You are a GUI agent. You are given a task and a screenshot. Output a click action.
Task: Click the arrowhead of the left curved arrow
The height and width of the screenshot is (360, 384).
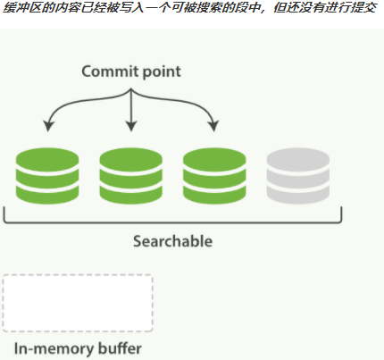coord(48,128)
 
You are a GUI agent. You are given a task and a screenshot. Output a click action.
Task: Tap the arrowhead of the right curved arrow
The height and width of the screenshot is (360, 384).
coord(214,128)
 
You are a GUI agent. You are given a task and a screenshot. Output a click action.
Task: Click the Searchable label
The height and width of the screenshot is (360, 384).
coord(172,241)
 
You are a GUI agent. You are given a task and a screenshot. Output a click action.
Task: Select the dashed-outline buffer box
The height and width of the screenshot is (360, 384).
coord(78,303)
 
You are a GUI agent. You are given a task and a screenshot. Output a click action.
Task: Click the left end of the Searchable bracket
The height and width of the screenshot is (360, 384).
coord(5,214)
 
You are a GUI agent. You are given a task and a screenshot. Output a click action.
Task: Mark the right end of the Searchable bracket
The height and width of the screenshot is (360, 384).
coord(341,214)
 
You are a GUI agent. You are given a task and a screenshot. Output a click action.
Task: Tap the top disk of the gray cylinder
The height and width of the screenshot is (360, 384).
coord(298,156)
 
